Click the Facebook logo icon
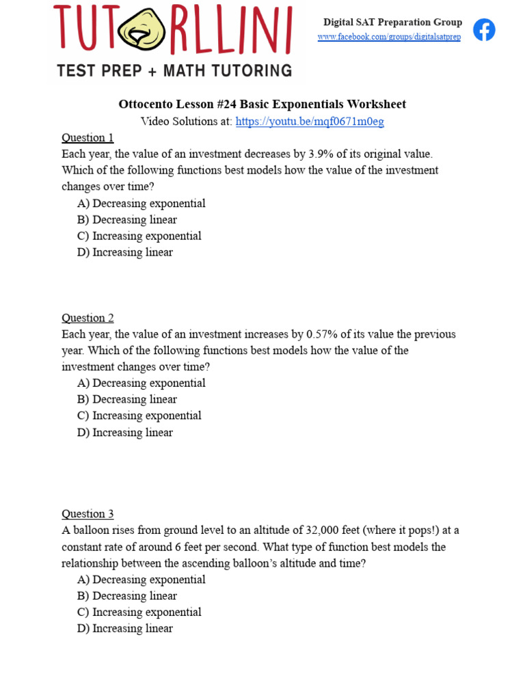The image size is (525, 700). (x=484, y=29)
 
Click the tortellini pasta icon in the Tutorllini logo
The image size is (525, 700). (x=142, y=31)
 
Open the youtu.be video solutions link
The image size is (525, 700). (x=310, y=122)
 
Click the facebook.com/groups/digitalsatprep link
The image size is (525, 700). (x=389, y=37)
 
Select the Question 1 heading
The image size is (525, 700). (x=87, y=137)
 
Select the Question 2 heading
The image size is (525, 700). (x=87, y=318)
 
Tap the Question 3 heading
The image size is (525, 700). (x=87, y=514)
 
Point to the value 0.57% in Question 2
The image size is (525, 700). (x=322, y=334)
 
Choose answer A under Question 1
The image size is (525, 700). (x=141, y=203)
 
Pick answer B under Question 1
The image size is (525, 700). (x=127, y=219)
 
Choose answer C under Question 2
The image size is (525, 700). (x=139, y=416)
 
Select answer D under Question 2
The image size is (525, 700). (x=125, y=433)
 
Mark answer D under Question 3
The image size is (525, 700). (x=125, y=628)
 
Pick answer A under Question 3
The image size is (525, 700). (x=141, y=580)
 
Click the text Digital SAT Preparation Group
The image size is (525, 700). (x=392, y=23)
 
